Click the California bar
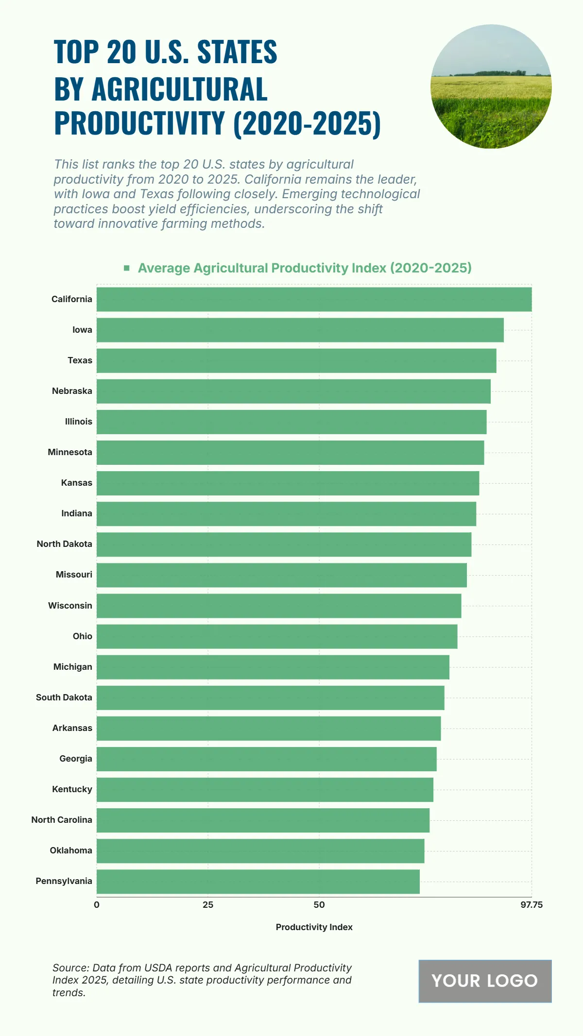pos(314,299)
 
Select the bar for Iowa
pos(300,330)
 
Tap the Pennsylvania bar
pos(258,882)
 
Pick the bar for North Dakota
pos(284,544)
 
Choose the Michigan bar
pos(273,667)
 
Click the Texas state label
pos(80,360)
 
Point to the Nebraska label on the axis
pos(72,391)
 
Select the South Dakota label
pos(64,697)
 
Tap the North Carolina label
pos(62,820)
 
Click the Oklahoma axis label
pos(71,850)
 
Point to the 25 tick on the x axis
pos(208,905)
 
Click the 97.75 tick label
pos(532,905)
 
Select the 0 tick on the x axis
pos(97,905)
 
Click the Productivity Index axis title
pos(314,927)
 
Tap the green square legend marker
pos(127,268)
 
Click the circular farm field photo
pos(491,86)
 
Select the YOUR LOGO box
pos(485,981)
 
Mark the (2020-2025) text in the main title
pos(307,123)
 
